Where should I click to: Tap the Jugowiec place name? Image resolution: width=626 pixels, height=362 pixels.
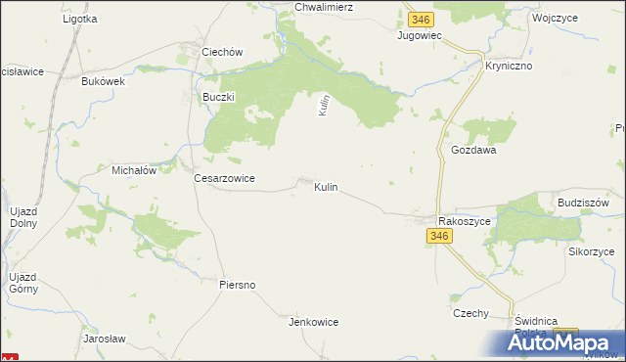[419, 35]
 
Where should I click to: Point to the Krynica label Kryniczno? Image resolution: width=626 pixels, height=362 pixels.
[509, 66]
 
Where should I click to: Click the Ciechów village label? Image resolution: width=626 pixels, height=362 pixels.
[221, 52]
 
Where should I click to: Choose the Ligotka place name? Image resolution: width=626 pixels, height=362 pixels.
[79, 19]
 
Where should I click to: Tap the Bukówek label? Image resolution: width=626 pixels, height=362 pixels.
[104, 82]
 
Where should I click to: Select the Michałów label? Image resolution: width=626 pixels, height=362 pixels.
[134, 170]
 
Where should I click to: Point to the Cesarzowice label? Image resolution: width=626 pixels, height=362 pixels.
[225, 178]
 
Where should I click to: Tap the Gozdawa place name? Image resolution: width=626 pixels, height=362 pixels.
[474, 151]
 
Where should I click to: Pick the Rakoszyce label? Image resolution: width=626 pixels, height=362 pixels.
[464, 222]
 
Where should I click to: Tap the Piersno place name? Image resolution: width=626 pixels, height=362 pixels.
[237, 285]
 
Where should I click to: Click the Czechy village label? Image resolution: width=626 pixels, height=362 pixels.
[469, 313]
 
